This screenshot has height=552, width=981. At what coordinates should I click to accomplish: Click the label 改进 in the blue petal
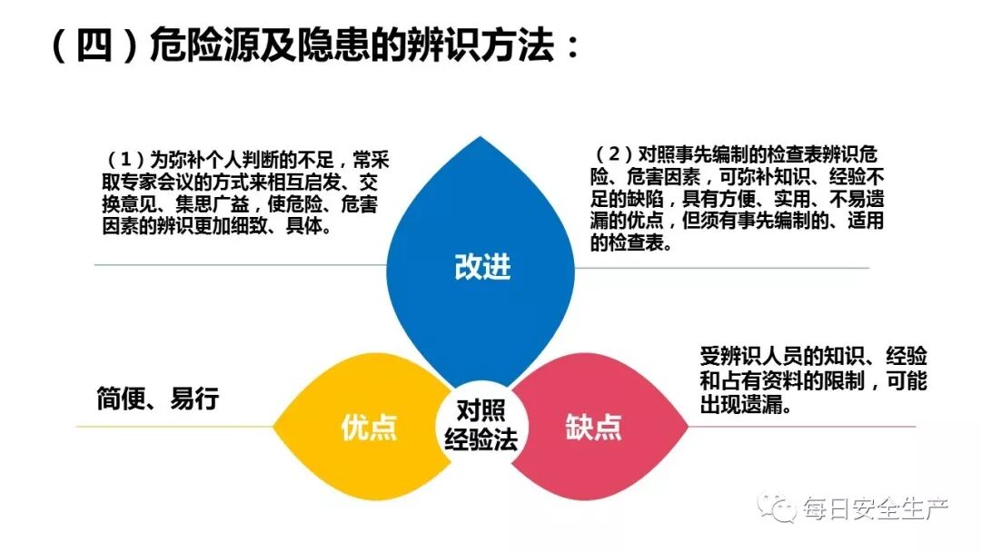[x=482, y=266]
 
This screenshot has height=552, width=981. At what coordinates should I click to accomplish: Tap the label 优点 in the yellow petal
[x=370, y=427]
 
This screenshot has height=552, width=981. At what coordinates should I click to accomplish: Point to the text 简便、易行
[x=158, y=399]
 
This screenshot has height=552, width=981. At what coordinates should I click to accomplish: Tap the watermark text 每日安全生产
[x=875, y=508]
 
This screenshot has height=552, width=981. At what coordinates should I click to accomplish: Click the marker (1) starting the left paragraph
[x=127, y=156]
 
